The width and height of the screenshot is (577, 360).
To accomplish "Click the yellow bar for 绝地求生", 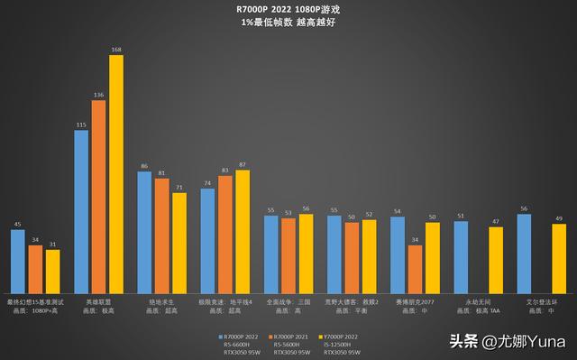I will pos(179,238).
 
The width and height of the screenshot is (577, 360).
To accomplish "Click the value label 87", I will pos(243,165).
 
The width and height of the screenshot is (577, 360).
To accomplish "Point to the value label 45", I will pos(18,224).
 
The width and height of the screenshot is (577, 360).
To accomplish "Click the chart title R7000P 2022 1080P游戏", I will pos(288,9).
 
